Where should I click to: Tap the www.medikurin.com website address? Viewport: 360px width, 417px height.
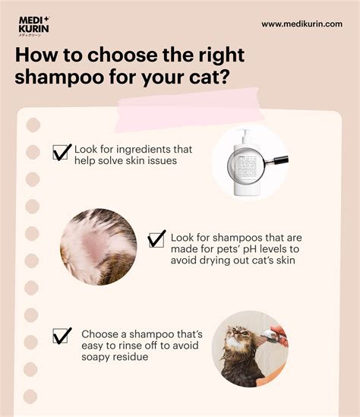pos(302,24)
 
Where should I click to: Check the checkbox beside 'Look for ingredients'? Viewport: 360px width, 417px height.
pos(62,152)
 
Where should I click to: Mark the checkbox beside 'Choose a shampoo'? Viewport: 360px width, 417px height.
pos(62,335)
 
